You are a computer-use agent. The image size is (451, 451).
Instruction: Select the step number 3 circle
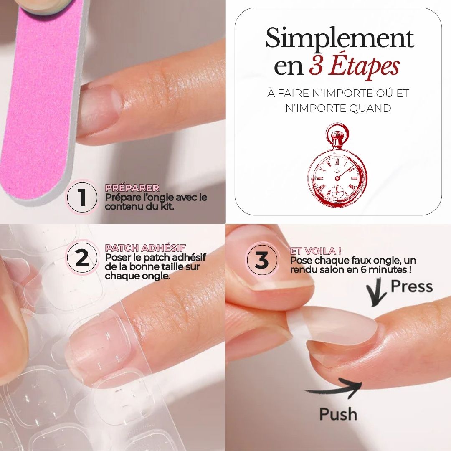[x=262, y=260]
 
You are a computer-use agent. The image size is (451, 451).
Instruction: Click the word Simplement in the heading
[x=340, y=38]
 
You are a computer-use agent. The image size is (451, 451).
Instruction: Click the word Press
[x=412, y=286]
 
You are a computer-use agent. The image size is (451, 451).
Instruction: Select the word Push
[x=338, y=414]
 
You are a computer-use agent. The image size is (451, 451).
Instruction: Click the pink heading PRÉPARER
[x=132, y=188]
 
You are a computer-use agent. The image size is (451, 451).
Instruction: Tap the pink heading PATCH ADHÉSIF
[x=145, y=248]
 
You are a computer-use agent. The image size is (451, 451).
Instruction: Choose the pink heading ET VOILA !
[x=316, y=251]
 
